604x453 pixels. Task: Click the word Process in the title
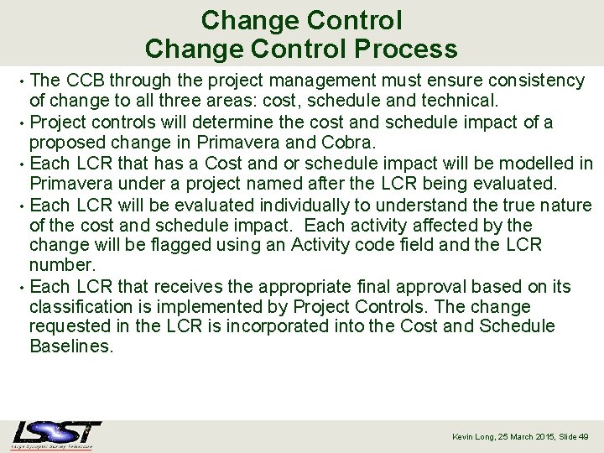click(x=406, y=49)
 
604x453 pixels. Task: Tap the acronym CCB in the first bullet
click(x=85, y=81)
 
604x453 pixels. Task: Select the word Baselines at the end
click(x=70, y=346)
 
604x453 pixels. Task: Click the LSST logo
click(x=56, y=435)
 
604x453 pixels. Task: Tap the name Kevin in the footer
click(x=464, y=437)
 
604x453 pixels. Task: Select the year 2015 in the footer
click(x=543, y=437)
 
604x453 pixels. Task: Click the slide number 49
click(x=584, y=437)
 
